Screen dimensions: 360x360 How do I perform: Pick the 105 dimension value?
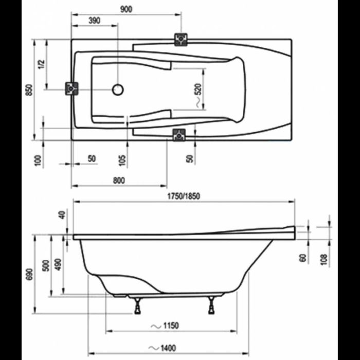pyautogui.click(x=122, y=159)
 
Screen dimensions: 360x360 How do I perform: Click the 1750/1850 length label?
pyautogui.click(x=184, y=196)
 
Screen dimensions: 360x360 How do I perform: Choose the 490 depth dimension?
pyautogui.click(x=58, y=264)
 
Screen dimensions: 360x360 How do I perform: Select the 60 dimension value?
pyautogui.click(x=303, y=257)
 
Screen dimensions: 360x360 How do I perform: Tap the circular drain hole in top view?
pyautogui.click(x=118, y=90)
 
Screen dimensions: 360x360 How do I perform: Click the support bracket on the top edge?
pyautogui.click(x=181, y=39)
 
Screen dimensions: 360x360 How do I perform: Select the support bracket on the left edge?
pyautogui.click(x=71, y=88)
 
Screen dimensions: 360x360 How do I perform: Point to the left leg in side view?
pyautogui.click(x=137, y=307)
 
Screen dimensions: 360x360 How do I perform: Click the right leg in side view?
pyautogui.click(x=211, y=307)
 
